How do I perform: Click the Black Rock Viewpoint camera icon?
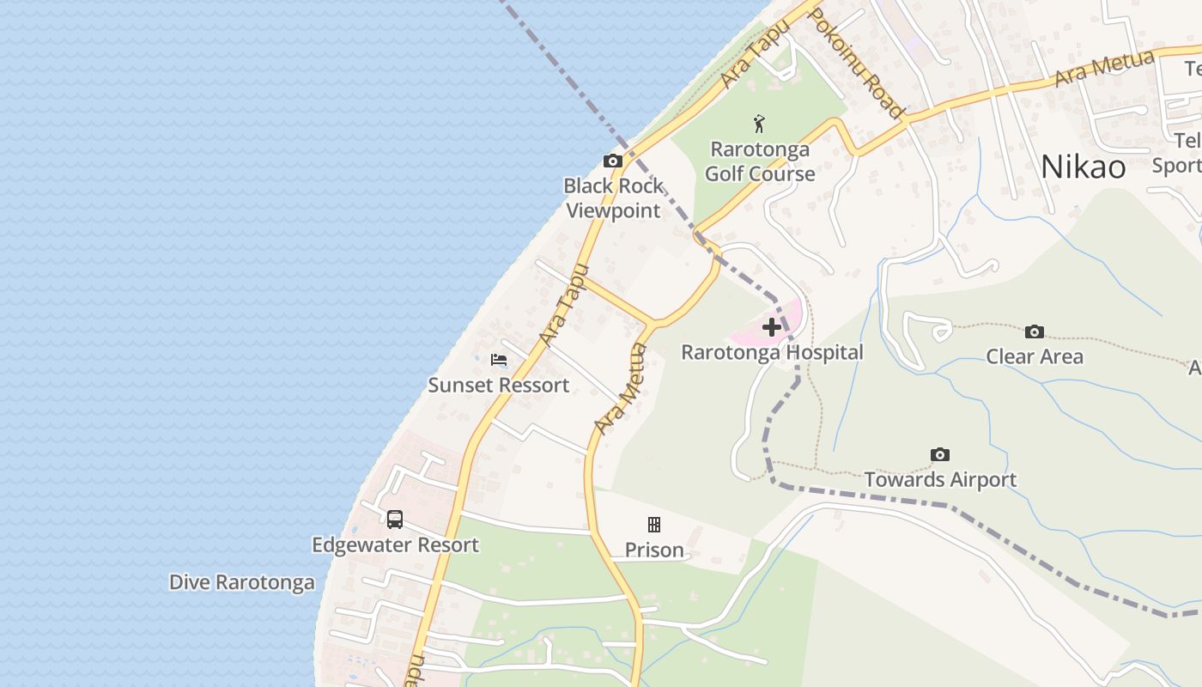pyautogui.click(x=612, y=161)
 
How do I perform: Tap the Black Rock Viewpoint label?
pyautogui.click(x=613, y=198)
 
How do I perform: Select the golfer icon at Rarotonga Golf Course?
pyautogui.click(x=759, y=124)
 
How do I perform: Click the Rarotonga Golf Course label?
pyautogui.click(x=760, y=161)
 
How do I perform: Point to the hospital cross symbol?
pyautogui.click(x=772, y=327)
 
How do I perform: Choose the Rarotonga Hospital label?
pyautogui.click(x=772, y=352)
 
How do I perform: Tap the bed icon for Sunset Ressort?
pyautogui.click(x=498, y=360)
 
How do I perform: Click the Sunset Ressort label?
pyautogui.click(x=498, y=385)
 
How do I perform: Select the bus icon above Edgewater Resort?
pyautogui.click(x=395, y=520)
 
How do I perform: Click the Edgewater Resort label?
pyautogui.click(x=395, y=544)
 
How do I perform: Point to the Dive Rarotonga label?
pyautogui.click(x=241, y=582)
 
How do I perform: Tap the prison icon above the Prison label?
pyautogui.click(x=654, y=525)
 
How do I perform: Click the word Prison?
pyautogui.click(x=654, y=550)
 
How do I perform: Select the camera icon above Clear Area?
pyautogui.click(x=1035, y=331)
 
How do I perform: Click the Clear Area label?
pyautogui.click(x=1035, y=356)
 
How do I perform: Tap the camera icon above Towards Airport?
pyautogui.click(x=940, y=454)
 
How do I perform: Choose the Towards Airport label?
pyautogui.click(x=940, y=479)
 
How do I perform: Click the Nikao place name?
pyautogui.click(x=1083, y=167)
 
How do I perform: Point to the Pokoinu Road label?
pyautogui.click(x=856, y=64)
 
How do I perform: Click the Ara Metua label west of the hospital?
pyautogui.click(x=620, y=389)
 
